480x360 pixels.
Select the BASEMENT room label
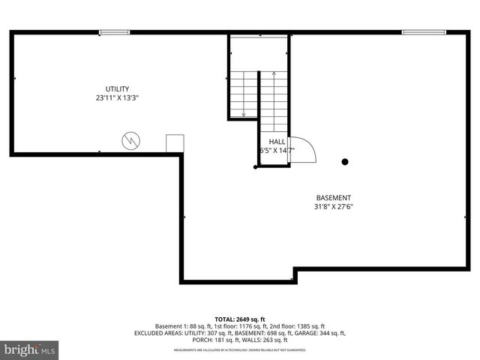[x=334, y=198]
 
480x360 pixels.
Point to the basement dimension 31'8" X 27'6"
[x=334, y=207]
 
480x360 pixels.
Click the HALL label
[x=277, y=141]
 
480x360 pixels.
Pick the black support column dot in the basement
[x=346, y=161]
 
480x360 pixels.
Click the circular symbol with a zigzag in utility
[x=131, y=140]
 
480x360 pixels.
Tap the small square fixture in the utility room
[x=175, y=144]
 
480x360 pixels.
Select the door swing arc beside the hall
[x=302, y=151]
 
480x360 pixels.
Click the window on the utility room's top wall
[x=114, y=32]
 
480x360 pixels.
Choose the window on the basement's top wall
[x=417, y=32]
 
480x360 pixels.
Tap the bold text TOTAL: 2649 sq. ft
[x=239, y=319]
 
